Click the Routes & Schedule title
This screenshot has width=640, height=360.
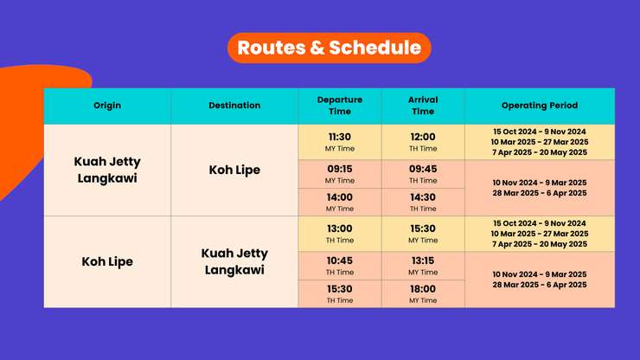329,48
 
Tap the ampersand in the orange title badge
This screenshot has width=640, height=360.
317,48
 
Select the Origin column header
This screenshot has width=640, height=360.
107,106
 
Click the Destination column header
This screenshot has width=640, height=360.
234,106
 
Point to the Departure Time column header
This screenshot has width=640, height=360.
340,106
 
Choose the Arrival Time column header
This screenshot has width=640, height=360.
423,106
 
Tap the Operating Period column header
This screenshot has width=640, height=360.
540,106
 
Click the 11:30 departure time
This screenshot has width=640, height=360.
340,137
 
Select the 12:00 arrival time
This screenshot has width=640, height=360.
423,137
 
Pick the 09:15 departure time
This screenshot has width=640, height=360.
340,169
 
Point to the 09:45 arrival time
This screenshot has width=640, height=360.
423,169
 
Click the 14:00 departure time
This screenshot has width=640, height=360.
340,197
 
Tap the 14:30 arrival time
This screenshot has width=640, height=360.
423,197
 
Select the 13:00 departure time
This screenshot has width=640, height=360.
340,228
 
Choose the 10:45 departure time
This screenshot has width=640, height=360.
340,260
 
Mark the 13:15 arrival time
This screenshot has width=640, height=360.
423,260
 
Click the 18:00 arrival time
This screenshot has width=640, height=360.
423,289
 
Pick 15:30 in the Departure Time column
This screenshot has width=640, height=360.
340,289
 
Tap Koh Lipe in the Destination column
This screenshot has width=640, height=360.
234,170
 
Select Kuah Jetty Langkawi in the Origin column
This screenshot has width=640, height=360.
107,170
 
